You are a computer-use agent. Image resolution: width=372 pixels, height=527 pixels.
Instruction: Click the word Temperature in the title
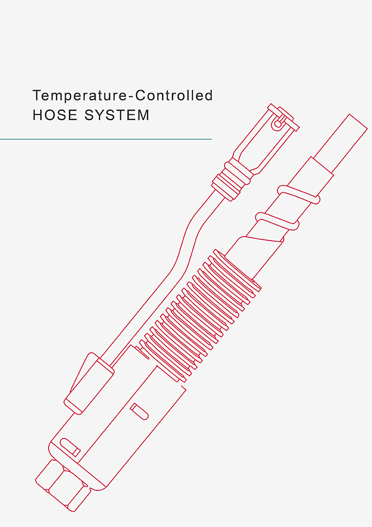pos(76,96)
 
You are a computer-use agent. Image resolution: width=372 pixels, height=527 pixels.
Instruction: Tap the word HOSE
pos(55,115)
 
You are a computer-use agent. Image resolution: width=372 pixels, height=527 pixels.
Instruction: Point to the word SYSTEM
pos(117,115)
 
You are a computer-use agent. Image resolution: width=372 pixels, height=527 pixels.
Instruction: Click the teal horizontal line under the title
pos(106,139)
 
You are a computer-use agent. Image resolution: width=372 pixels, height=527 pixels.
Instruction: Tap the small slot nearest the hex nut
pos(70,447)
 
